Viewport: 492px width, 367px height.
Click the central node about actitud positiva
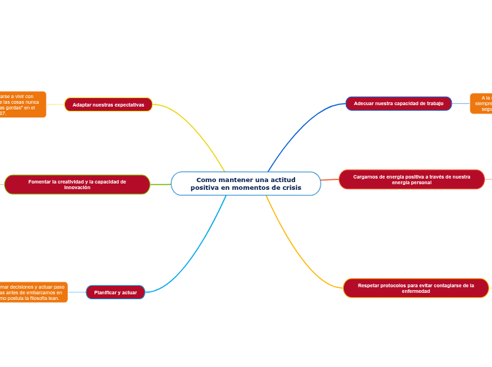click(x=245, y=183)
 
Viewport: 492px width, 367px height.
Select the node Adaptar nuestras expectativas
click(x=108, y=104)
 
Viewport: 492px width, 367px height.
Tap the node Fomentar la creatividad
click(x=77, y=184)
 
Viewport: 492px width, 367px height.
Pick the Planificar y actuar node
click(x=115, y=292)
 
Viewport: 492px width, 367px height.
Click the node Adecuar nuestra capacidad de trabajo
click(x=398, y=104)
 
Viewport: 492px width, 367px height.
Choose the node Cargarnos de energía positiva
click(x=412, y=179)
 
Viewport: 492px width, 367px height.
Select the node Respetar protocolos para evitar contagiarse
click(x=416, y=288)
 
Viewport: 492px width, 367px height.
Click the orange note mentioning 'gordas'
click(x=23, y=104)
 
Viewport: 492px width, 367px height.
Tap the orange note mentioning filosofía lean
click(x=33, y=292)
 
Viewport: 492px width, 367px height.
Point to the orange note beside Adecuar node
click(x=481, y=103)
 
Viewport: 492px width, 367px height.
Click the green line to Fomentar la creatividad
click(x=160, y=184)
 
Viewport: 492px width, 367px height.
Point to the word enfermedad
click(x=416, y=291)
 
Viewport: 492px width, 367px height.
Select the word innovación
click(x=77, y=188)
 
